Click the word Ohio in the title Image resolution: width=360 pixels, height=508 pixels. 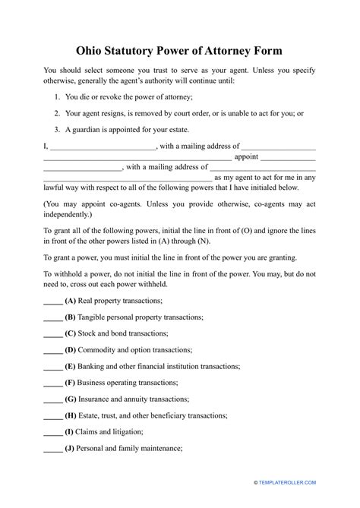[x=93, y=51]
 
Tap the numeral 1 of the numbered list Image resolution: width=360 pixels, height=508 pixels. [x=58, y=97]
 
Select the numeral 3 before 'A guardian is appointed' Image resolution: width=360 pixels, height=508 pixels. [x=58, y=129]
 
